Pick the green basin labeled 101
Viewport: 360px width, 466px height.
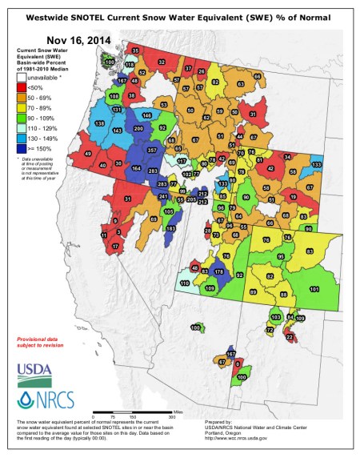click(x=314, y=288)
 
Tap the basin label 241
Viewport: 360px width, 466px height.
click(x=162, y=196)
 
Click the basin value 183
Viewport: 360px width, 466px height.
click(x=170, y=228)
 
